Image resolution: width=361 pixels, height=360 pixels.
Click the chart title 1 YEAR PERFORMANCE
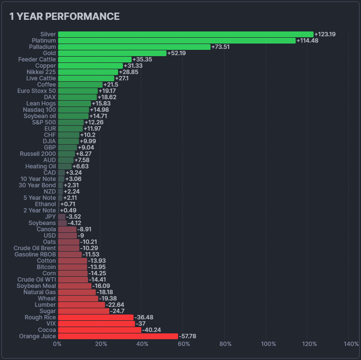(64, 16)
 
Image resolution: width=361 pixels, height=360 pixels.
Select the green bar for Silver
(185, 34)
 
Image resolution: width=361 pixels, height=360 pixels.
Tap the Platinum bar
(177, 41)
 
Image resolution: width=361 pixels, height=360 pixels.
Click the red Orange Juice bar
(118, 336)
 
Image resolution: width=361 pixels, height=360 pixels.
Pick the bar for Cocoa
(99, 330)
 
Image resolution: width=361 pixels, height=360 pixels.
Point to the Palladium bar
(134, 47)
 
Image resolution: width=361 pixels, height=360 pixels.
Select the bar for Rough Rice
(95, 317)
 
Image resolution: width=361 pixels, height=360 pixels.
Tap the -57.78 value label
(187, 336)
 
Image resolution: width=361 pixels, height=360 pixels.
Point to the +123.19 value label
(325, 34)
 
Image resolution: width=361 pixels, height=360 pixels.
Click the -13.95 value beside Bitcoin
(96, 267)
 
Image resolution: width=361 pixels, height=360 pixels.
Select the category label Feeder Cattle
(38, 60)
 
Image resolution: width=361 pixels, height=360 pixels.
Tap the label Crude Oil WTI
(36, 280)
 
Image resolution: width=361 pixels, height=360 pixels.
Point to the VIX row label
(51, 324)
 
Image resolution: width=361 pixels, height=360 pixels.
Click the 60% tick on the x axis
(184, 344)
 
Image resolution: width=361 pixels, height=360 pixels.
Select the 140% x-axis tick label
(351, 344)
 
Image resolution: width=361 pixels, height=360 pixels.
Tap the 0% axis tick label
(57, 344)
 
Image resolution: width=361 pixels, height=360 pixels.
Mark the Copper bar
(90, 66)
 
